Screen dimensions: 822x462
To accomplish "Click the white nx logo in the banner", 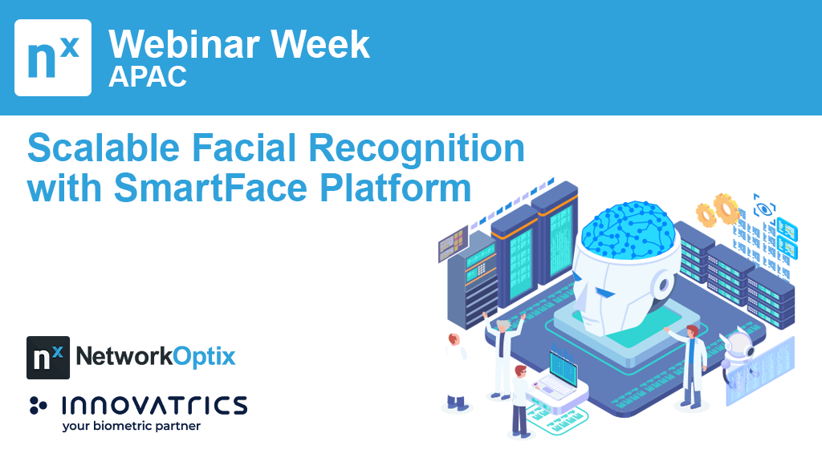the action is (x=53, y=58).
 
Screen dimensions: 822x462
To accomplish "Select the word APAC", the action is (x=148, y=77).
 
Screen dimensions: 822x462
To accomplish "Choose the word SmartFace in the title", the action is (x=210, y=188).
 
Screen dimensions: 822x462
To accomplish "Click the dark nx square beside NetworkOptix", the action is (x=48, y=358).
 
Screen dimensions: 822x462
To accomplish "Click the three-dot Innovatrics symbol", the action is (x=38, y=405).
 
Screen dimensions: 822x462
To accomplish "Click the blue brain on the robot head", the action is (x=627, y=229).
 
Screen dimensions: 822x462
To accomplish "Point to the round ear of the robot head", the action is (x=664, y=286).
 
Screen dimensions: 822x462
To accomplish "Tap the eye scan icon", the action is (x=764, y=208).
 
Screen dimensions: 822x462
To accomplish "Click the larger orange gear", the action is (x=726, y=208).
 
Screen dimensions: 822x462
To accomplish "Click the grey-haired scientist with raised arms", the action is (x=503, y=354).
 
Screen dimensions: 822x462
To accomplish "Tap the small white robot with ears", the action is (x=737, y=352).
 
